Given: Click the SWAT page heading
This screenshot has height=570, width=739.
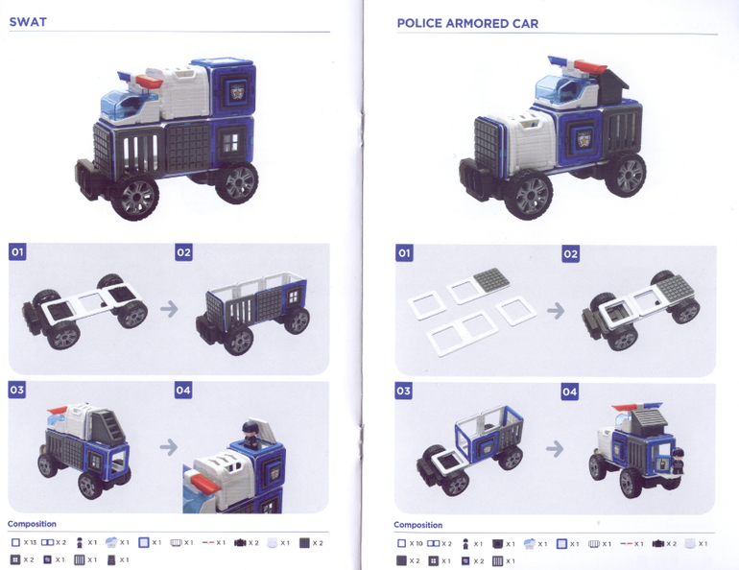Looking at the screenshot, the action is (28, 22).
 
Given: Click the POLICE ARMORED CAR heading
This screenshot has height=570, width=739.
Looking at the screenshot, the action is (467, 24).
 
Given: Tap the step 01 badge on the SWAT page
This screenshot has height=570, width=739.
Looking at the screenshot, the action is (17, 252).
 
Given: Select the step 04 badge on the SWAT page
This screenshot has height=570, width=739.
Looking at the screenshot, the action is (183, 390).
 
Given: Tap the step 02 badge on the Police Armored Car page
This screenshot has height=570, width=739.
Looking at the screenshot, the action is (570, 254).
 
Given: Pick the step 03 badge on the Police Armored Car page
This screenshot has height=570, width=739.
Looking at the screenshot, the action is (403, 391).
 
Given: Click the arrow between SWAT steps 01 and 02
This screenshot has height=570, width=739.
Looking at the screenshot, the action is (169, 309).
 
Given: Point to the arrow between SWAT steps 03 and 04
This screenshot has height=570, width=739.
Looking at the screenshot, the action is (168, 447).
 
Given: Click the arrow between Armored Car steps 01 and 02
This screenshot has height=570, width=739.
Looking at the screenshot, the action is (556, 311).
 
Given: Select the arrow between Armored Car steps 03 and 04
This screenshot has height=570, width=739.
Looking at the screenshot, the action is (555, 448).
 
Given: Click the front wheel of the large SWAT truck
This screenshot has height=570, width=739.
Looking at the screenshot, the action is (134, 198).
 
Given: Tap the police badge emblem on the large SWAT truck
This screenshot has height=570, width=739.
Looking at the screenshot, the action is (237, 91).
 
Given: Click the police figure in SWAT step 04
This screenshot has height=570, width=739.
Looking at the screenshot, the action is (250, 435).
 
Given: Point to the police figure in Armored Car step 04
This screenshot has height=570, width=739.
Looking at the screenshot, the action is (677, 462).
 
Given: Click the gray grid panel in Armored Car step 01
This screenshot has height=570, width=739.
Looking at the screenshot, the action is (491, 278).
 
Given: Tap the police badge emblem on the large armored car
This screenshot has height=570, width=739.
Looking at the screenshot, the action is (584, 139).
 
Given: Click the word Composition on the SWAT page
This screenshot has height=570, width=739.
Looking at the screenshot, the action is (32, 524).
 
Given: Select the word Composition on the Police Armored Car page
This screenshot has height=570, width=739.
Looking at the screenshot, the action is (418, 525).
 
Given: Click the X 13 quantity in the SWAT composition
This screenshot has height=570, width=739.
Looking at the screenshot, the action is (30, 543).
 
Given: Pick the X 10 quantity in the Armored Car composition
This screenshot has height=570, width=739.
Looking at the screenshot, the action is (417, 544).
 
